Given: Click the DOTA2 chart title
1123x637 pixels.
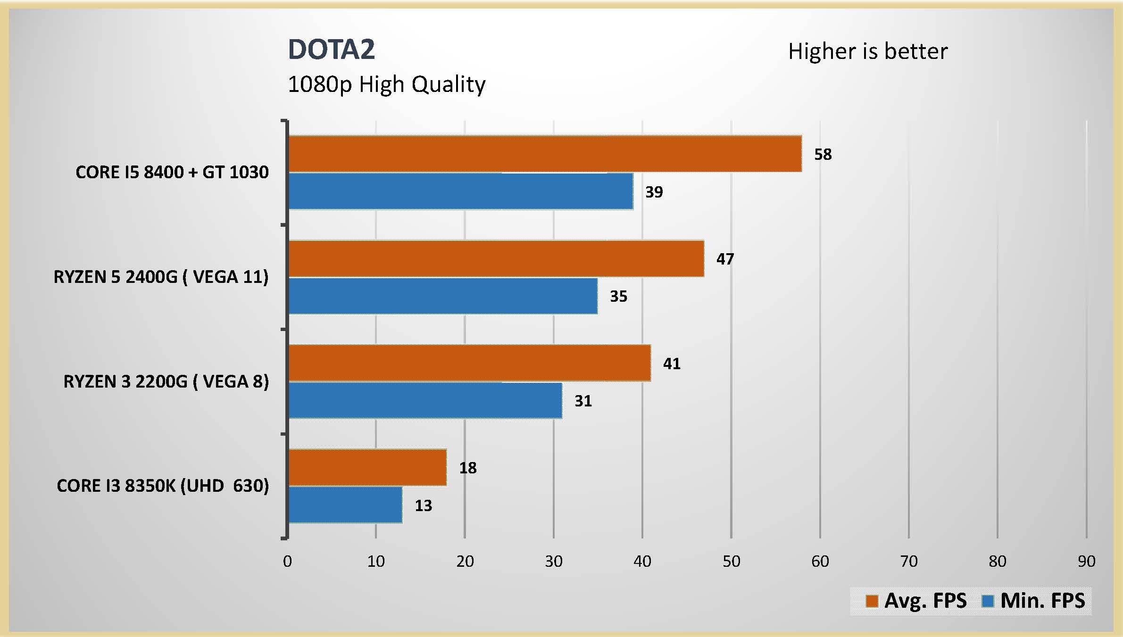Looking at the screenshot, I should (331, 50).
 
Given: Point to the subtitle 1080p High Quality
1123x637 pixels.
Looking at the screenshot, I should (386, 85).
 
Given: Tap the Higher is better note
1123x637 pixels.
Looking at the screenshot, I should (868, 51).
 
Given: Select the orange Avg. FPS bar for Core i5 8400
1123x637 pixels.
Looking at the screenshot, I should (545, 154).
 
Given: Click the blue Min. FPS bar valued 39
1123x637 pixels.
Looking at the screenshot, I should (460, 191).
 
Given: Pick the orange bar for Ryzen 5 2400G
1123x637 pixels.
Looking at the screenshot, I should (496, 258).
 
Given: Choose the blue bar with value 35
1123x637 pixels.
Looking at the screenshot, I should (443, 296).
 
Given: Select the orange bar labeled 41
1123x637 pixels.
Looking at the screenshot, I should (469, 363).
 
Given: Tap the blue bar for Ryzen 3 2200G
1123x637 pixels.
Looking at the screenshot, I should (425, 400).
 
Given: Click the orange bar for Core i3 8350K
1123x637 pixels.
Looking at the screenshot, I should (367, 467).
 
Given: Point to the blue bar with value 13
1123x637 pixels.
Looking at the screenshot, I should (345, 505).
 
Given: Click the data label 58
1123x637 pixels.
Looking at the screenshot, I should (823, 155).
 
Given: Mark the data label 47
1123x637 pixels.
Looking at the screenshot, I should (725, 259).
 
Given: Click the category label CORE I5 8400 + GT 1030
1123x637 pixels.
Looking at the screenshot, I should (172, 172).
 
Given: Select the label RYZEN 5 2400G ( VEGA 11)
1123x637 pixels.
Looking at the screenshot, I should (161, 277).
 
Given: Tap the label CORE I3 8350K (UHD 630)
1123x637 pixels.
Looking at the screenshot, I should (163, 486).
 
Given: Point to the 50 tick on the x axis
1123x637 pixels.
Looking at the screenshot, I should (731, 561).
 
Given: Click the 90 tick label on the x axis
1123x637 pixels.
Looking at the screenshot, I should (1086, 561).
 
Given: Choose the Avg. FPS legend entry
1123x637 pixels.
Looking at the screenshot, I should (916, 601).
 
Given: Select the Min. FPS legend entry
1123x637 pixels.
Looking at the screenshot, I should (1033, 601).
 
